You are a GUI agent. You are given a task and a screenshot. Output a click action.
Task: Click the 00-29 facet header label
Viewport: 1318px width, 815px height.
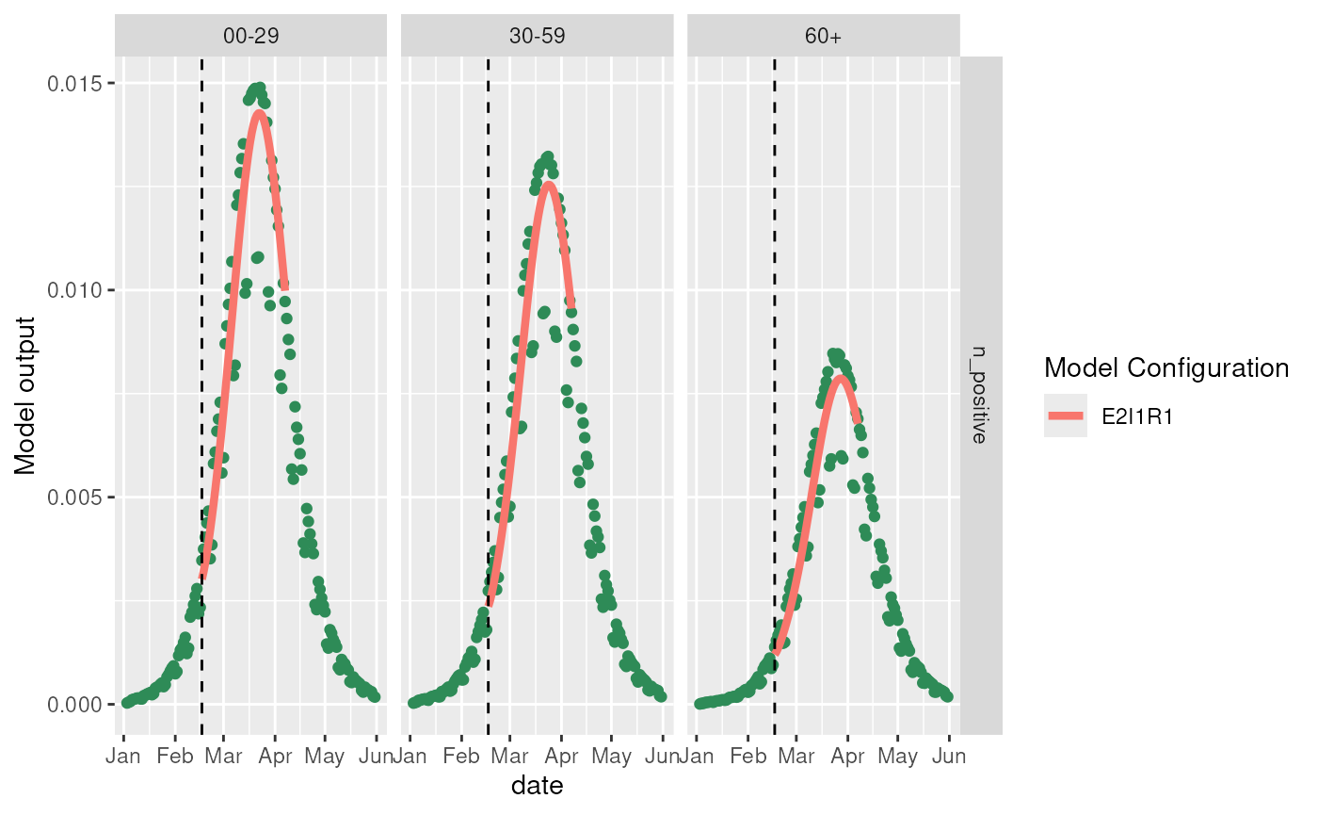coord(250,35)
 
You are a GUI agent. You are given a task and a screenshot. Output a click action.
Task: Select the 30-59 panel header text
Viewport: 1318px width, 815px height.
coord(537,35)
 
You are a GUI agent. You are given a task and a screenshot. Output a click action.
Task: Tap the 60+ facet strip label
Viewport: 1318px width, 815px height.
coord(823,35)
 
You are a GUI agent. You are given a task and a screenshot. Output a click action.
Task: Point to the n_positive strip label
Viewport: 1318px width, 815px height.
coord(980,395)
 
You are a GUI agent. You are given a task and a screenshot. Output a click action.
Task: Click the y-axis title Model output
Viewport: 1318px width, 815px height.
coord(25,395)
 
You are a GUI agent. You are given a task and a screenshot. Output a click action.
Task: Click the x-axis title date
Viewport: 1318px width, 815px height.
coord(537,785)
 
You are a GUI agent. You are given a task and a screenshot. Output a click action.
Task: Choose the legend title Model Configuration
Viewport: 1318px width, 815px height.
coord(1165,367)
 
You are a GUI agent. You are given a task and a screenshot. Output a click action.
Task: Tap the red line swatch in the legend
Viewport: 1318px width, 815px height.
coord(1065,416)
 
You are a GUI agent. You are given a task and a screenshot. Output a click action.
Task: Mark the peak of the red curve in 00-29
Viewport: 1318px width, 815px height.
coord(259,113)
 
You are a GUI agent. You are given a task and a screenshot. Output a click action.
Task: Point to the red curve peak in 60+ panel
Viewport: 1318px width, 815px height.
coord(840,377)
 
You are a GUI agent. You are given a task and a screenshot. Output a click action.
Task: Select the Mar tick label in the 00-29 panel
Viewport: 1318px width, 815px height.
coord(225,756)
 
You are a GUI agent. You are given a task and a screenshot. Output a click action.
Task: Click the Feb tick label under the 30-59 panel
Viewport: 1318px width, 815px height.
coord(461,756)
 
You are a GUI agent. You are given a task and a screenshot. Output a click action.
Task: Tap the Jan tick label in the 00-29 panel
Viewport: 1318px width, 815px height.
coord(123,756)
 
